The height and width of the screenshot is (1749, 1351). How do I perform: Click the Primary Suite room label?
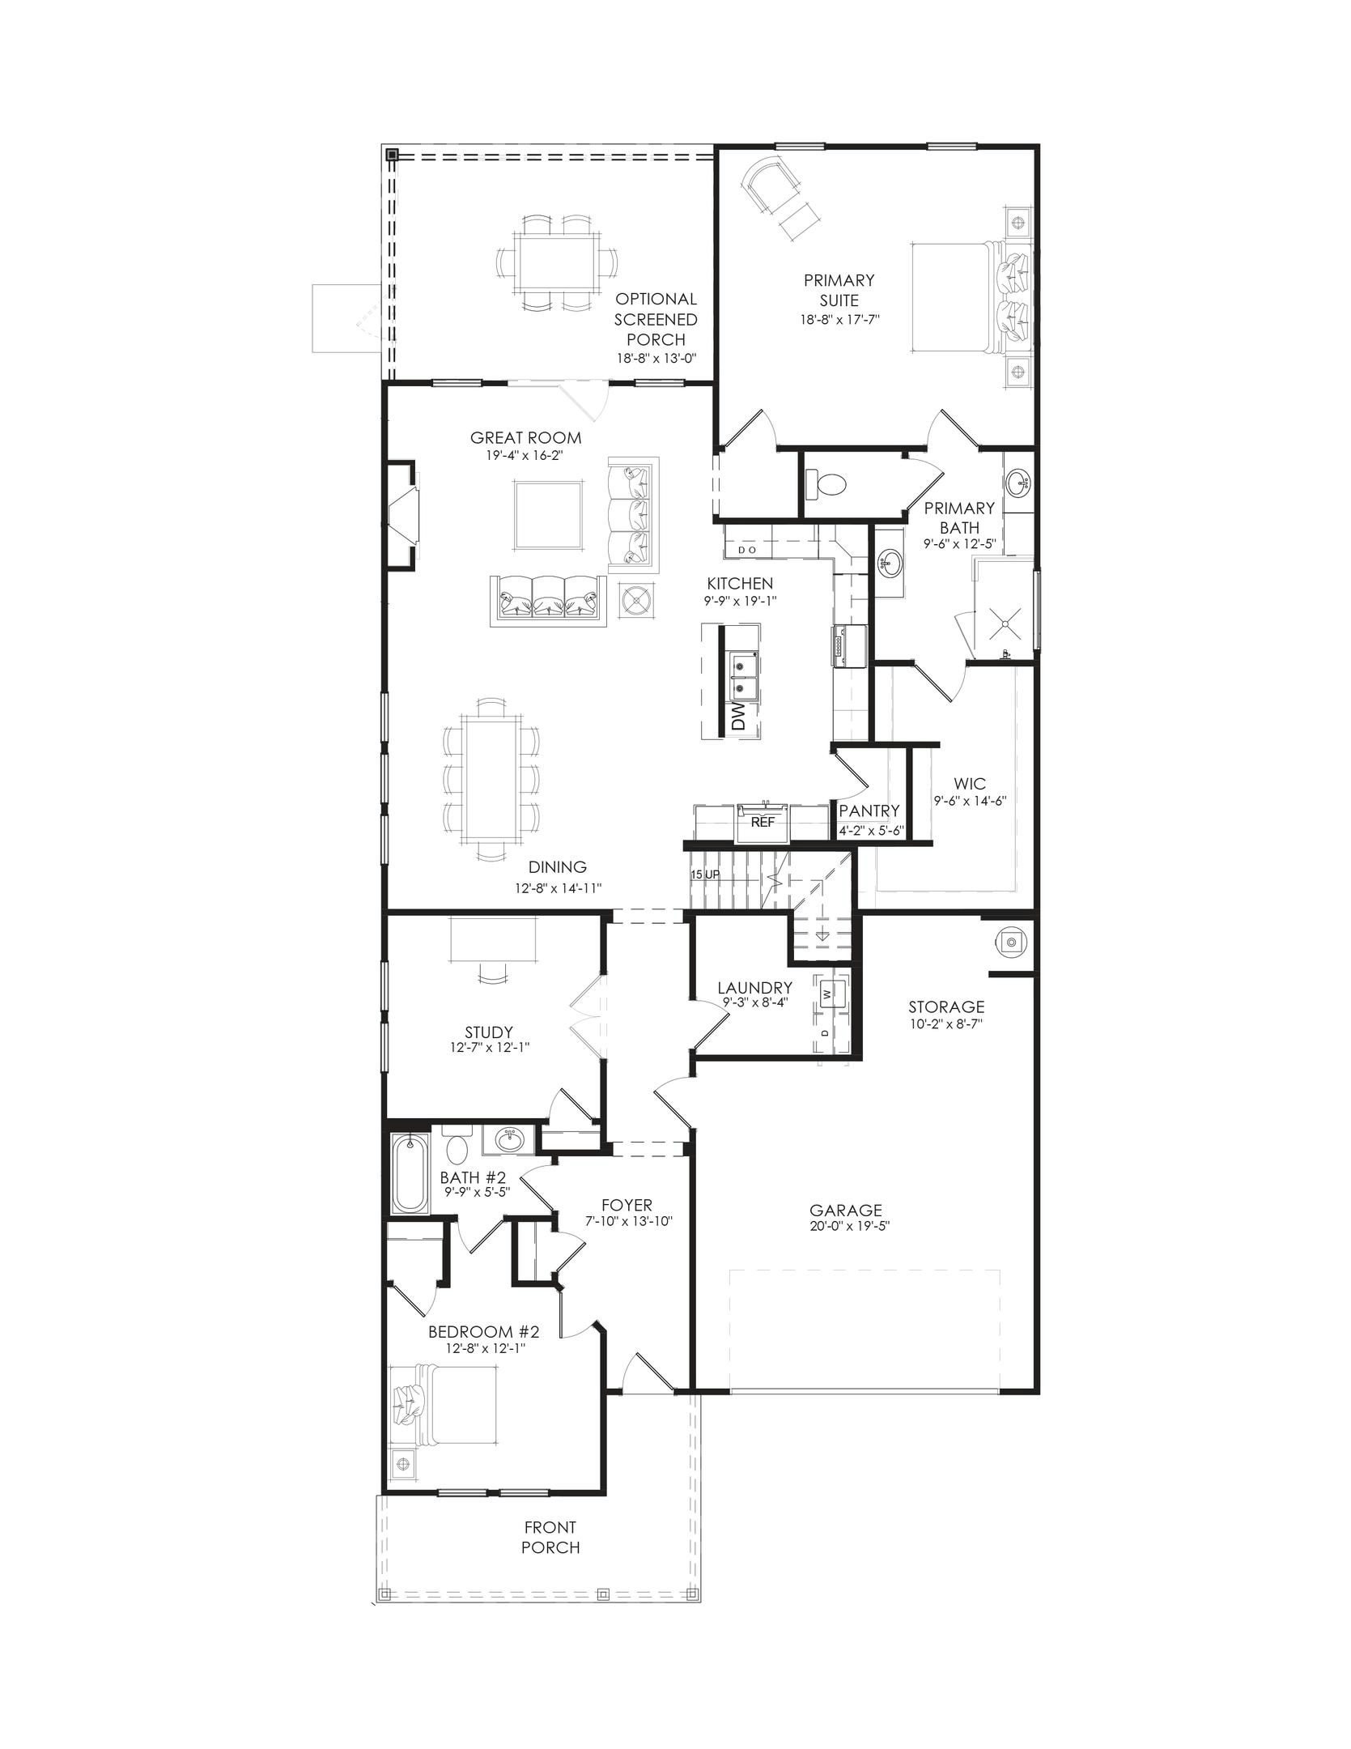point(839,290)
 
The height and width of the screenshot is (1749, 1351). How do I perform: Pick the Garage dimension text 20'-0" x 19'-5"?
point(845,1226)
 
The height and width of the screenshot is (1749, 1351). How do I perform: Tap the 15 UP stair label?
point(705,875)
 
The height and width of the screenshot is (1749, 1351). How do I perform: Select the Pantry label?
point(869,811)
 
